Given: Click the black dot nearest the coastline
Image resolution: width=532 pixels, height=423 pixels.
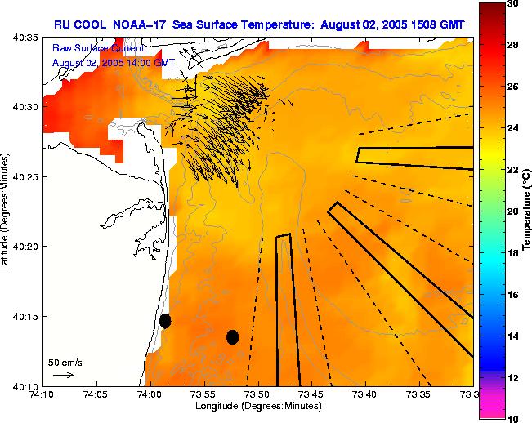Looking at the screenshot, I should (x=165, y=321).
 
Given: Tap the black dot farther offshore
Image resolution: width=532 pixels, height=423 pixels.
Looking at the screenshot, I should (x=232, y=336).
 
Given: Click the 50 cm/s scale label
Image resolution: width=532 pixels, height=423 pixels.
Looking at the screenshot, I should (x=65, y=362).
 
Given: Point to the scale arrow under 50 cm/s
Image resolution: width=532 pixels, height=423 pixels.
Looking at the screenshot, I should (x=63, y=375).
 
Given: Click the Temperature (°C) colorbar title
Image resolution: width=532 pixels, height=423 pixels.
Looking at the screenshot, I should (x=527, y=211).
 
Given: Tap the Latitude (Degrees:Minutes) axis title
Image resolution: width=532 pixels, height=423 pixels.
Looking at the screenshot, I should (x=7, y=211).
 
